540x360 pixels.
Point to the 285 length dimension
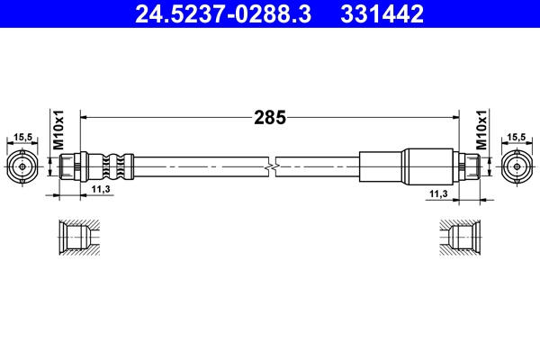point(270,117)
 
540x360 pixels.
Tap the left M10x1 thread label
point(58,131)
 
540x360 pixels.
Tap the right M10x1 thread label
point(481,131)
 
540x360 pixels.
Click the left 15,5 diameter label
point(23,138)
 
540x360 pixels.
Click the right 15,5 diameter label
point(516,138)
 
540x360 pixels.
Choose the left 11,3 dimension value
point(101,189)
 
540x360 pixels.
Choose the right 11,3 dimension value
point(438,193)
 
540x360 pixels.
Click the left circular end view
point(23,166)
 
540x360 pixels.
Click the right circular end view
point(516,166)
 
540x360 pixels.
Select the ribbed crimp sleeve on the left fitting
point(110,166)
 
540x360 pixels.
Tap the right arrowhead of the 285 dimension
point(455,116)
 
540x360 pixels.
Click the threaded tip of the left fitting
point(67,166)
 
